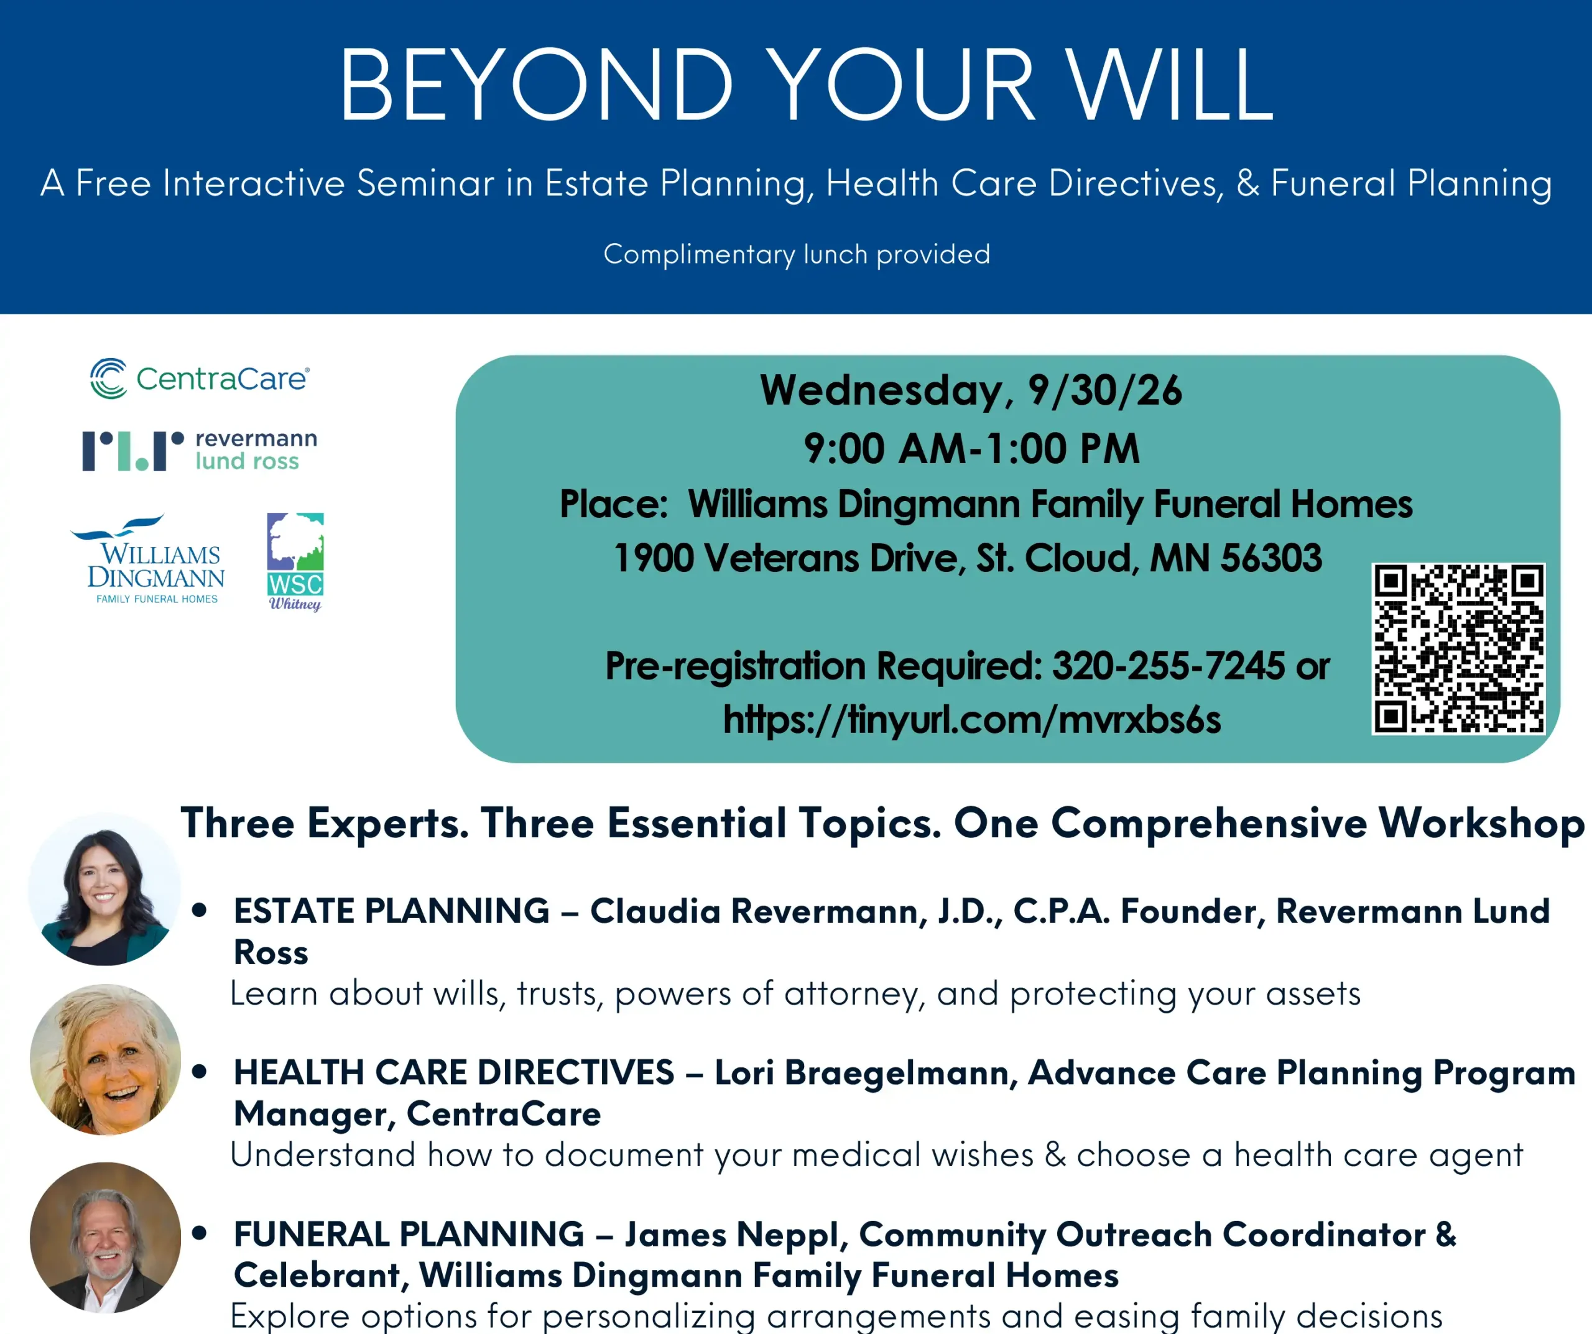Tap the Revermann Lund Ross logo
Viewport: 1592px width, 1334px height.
click(x=200, y=450)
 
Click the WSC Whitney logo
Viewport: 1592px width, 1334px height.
click(x=295, y=562)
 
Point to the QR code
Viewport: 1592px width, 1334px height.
click(x=1458, y=649)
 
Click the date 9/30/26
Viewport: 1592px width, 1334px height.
click(x=1104, y=391)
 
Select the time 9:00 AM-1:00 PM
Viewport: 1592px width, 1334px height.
click(x=971, y=449)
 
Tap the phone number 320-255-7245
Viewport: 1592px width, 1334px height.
click(x=1169, y=666)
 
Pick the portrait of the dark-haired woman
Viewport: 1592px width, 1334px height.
click(x=104, y=890)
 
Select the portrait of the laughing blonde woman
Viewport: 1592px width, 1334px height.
click(x=105, y=1060)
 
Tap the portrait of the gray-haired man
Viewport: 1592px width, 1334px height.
click(x=105, y=1238)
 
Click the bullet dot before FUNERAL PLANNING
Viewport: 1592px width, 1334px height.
click(x=200, y=1233)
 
